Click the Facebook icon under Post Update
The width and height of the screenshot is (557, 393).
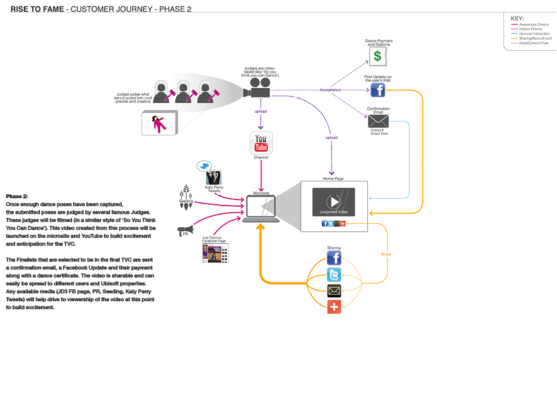coord(378,90)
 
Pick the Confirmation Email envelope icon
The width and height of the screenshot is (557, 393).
coord(378,121)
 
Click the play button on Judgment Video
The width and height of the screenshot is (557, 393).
coord(334,201)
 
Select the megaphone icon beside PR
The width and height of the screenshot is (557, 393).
coord(184,231)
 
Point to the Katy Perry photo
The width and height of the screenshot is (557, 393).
coord(214,178)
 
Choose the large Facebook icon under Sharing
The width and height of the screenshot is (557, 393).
coord(334,258)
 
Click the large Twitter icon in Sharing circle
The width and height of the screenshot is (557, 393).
coord(334,275)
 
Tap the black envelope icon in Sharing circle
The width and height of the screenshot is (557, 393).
coord(334,291)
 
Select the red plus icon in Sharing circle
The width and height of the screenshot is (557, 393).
coord(334,306)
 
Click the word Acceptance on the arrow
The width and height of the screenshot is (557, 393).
coord(330,90)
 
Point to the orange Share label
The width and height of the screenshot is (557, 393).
coord(386,254)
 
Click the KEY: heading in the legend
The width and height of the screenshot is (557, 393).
coord(517,18)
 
